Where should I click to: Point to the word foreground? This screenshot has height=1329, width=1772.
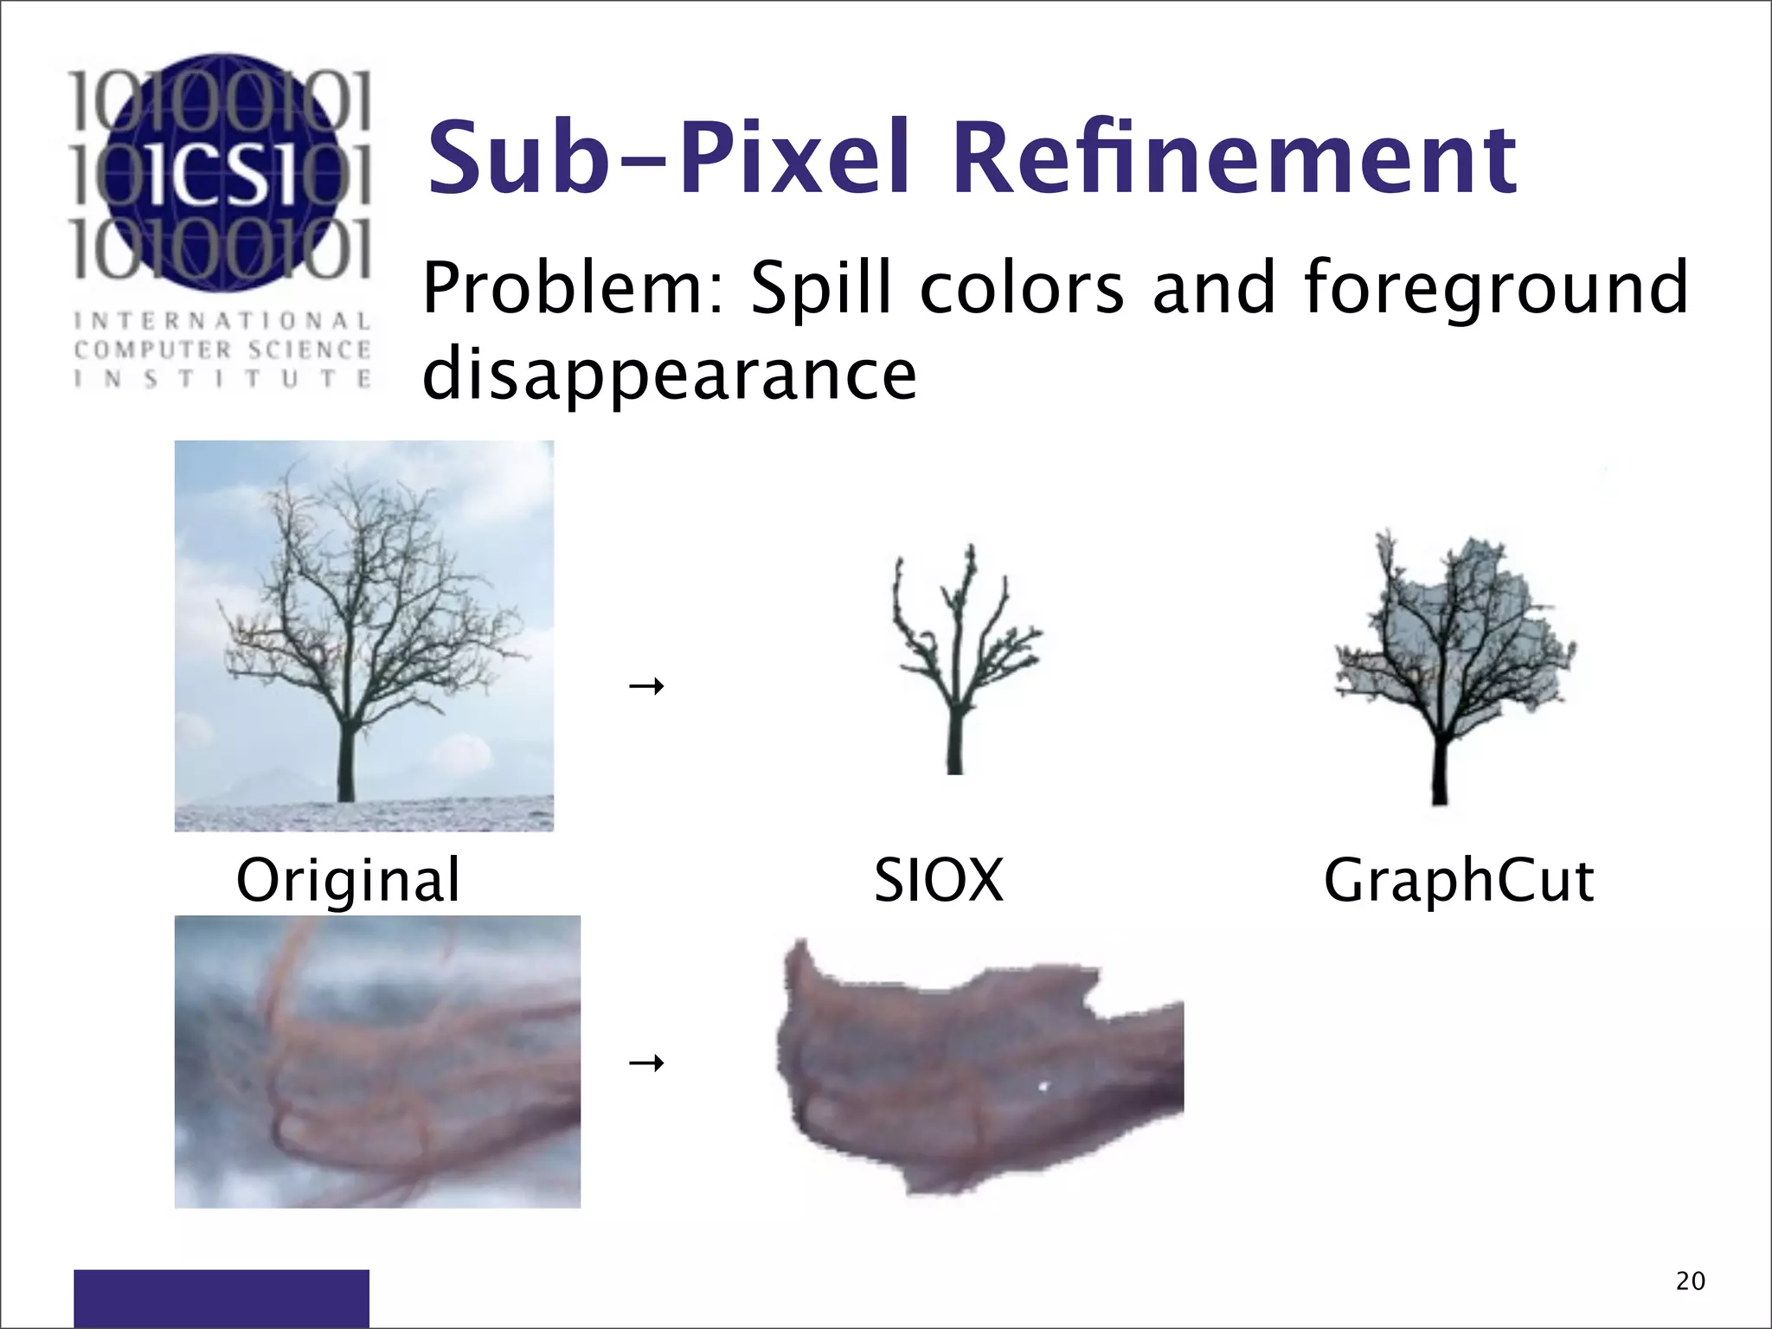point(1495,290)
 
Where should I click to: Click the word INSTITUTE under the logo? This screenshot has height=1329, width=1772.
point(222,379)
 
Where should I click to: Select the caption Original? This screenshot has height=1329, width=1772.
point(348,881)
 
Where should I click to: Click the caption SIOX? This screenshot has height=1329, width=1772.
point(938,881)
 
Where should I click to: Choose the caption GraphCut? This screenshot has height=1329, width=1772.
point(1458,881)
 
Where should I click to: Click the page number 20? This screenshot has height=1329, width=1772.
point(1690,1281)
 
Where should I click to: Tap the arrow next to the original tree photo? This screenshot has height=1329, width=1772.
point(646,687)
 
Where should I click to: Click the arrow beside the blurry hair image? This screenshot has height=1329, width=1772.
point(646,1063)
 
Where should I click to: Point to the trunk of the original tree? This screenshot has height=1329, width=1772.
point(346,761)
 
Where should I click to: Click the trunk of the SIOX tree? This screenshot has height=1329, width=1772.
point(954,740)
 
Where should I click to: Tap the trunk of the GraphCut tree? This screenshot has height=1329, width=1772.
point(1440,770)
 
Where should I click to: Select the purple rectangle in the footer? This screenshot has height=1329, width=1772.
point(221,1297)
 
